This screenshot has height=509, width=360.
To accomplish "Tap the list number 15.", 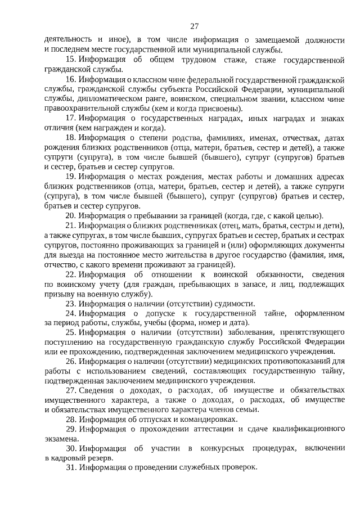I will coord(70,59).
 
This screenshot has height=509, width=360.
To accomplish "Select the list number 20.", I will coord(70,215).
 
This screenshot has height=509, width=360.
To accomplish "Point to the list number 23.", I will coord(70,303).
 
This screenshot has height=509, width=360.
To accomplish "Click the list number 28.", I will coord(70,419).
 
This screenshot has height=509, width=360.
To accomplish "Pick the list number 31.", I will coord(70,468).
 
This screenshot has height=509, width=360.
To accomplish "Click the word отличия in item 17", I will coord(58,128).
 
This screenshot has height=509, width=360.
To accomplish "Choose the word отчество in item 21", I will coord(61,264).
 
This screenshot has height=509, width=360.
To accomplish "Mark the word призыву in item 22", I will coord(58,294).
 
